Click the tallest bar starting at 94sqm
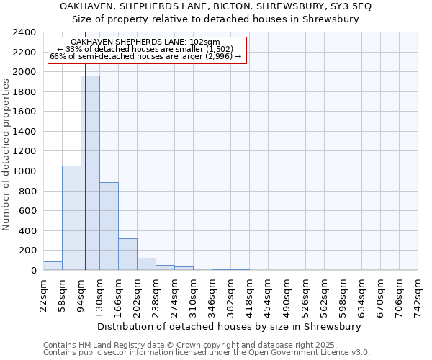[x=90, y=173]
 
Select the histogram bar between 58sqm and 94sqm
[x=71, y=217]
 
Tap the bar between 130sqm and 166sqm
[x=109, y=226]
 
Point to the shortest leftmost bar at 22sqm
[x=53, y=266]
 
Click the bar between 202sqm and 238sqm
[x=146, y=264]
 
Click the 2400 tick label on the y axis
[x=24, y=33]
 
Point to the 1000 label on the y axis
[x=24, y=171]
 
